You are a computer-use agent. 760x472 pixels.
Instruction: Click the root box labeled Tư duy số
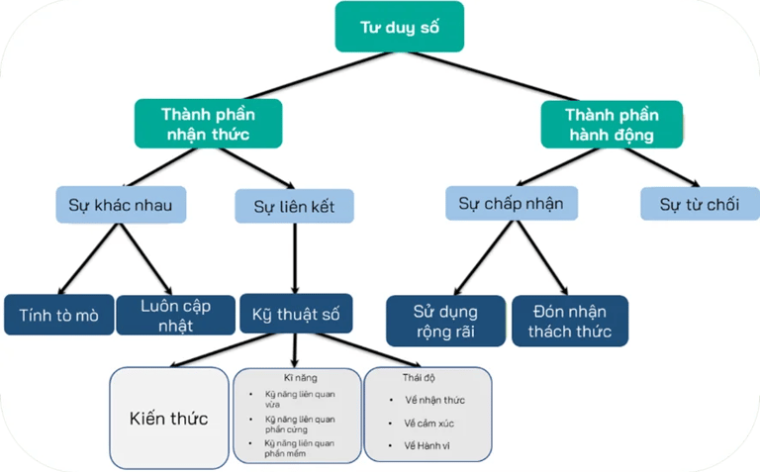[400, 27]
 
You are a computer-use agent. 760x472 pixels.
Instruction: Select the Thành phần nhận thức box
[209, 124]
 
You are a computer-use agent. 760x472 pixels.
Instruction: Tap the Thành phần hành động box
[612, 125]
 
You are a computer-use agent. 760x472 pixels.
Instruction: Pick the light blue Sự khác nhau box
[121, 205]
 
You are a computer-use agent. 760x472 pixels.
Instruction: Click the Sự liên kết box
[294, 206]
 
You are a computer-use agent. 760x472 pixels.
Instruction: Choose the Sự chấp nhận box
[512, 203]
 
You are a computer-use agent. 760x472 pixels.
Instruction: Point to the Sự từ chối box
[700, 204]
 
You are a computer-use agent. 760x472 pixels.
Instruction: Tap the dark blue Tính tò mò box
[59, 315]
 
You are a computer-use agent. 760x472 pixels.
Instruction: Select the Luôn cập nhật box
[176, 315]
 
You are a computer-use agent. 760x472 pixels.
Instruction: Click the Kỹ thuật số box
[296, 314]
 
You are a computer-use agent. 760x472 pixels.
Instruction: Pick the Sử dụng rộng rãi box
[446, 321]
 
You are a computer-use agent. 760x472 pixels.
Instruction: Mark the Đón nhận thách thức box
[570, 321]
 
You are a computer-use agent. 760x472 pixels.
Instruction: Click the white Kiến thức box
[169, 418]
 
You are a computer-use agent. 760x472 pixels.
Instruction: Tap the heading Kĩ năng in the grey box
[301, 378]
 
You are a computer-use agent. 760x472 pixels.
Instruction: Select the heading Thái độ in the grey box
[419, 378]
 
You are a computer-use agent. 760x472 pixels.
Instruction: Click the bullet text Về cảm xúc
[428, 424]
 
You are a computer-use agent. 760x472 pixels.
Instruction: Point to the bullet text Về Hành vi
[427, 445]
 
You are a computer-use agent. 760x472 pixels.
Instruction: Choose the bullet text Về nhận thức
[434, 400]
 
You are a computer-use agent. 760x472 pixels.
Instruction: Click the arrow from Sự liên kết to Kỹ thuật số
[295, 258]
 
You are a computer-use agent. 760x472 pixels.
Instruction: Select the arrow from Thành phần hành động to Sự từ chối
[663, 167]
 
